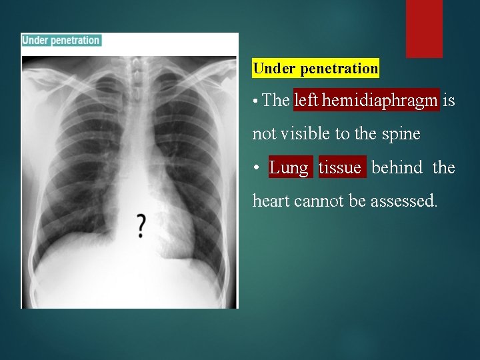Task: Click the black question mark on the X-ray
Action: [141, 226]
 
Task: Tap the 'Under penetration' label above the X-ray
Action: [61, 40]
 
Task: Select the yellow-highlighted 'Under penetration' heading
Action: [315, 68]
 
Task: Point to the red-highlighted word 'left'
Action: [307, 101]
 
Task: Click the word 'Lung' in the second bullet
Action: [289, 167]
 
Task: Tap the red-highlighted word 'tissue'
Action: [342, 167]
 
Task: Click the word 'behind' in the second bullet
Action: [397, 167]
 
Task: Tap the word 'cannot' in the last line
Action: [318, 200]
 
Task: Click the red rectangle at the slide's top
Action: [424, 28]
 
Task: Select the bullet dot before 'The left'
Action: [256, 102]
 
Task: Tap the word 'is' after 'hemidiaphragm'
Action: [449, 101]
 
